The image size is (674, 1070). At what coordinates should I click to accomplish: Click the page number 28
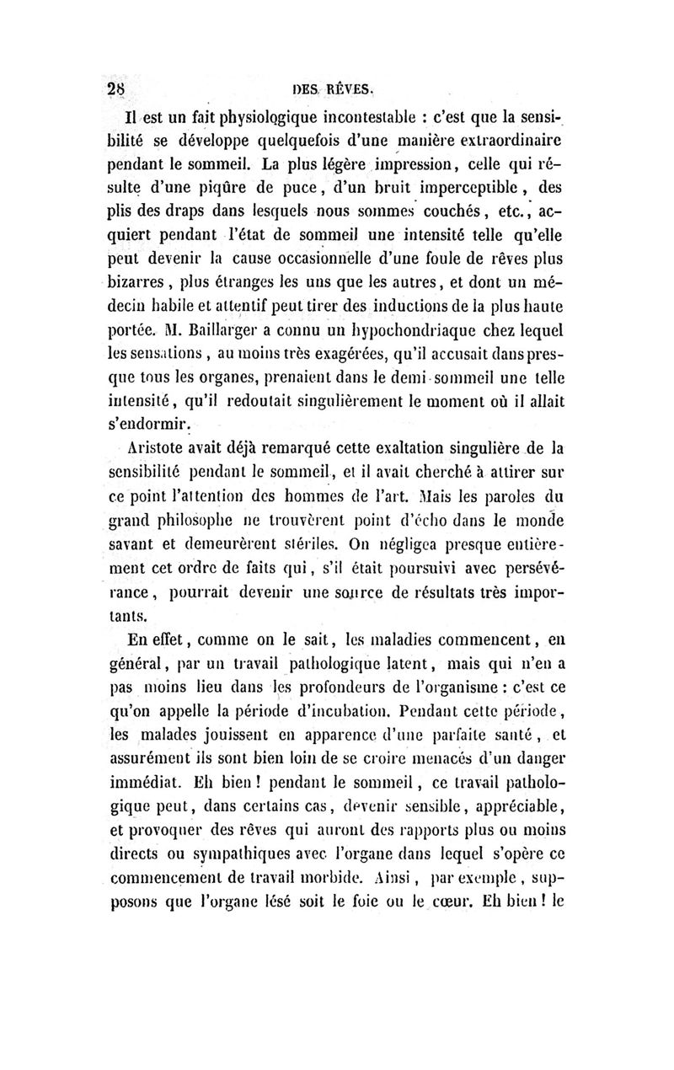115,88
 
